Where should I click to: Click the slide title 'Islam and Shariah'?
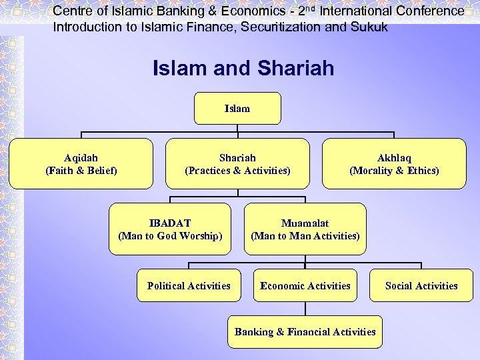(243, 68)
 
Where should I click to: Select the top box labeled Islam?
(237, 109)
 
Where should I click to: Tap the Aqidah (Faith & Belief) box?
(81, 164)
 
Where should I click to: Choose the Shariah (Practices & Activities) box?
(237, 164)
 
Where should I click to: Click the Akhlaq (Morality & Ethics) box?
(394, 164)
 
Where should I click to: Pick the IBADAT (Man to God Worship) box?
(170, 229)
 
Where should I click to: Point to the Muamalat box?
(305, 229)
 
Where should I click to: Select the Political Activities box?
(189, 285)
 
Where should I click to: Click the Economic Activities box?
(305, 285)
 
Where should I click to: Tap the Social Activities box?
(421, 285)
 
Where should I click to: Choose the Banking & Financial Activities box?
(305, 331)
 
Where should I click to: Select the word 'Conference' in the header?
(429, 11)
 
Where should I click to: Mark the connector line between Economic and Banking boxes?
(305, 308)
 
